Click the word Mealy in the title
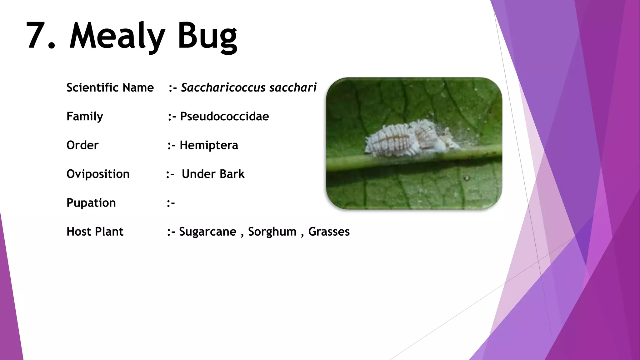point(117,36)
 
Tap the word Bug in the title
point(207,36)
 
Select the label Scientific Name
point(110,87)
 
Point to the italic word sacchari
point(293,87)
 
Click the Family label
point(85,117)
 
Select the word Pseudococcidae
point(224,117)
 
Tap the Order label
point(82,145)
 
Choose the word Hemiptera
point(209,145)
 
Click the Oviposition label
point(98,174)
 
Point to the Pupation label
point(91,203)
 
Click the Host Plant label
point(95,232)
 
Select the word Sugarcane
point(207,232)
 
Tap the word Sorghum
point(272,232)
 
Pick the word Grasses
point(329,232)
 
